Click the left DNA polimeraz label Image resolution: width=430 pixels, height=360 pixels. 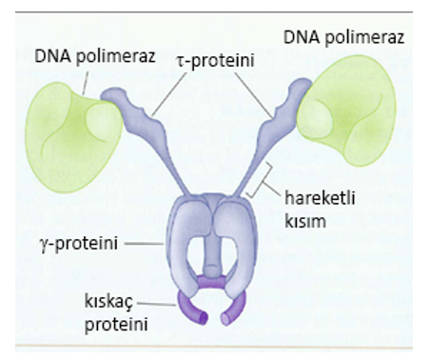(95, 57)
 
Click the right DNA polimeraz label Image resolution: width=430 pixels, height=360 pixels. (343, 37)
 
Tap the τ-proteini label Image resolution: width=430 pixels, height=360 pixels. (216, 60)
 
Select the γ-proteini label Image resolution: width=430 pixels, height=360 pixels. (79, 244)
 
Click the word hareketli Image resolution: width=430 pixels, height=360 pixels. (320, 198)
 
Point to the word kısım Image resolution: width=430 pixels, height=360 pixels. (305, 221)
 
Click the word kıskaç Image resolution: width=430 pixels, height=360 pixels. (109, 302)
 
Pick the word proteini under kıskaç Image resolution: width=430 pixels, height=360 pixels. (116, 325)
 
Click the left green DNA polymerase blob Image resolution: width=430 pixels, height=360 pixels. (72, 136)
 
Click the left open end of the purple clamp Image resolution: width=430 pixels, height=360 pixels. (204, 318)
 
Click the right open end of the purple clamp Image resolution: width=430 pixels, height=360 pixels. (225, 319)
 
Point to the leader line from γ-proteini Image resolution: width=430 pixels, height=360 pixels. (144, 244)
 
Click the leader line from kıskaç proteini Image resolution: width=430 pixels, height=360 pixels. (157, 304)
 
